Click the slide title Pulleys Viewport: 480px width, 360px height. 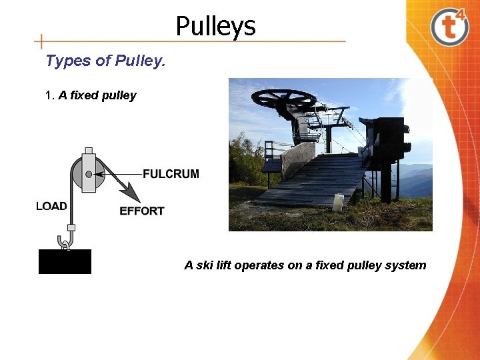[215, 27]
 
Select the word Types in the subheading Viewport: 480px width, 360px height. [68, 61]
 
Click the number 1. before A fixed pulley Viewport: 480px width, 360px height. [49, 95]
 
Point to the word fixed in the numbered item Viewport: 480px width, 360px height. [84, 95]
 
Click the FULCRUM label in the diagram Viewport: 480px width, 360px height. [171, 174]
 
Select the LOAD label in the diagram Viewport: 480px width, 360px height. [51, 206]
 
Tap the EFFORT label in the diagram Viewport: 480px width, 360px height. [141, 211]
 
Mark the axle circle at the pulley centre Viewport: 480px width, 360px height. [88, 174]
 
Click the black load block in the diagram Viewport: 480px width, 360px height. [65, 261]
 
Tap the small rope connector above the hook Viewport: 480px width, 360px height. [71, 227]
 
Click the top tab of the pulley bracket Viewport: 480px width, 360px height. [89, 151]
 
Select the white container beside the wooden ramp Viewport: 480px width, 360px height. [338, 202]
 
